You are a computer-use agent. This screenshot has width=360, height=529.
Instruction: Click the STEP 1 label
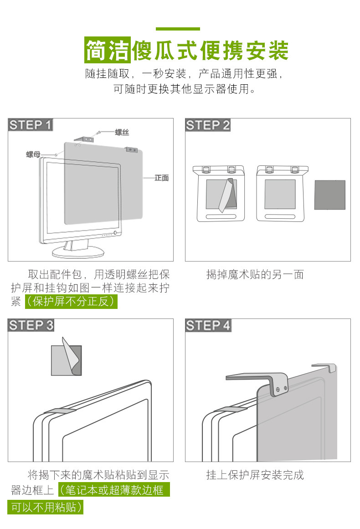[31, 125]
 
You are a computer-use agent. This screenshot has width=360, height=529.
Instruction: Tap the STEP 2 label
[208, 125]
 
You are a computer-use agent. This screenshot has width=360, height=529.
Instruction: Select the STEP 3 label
[31, 325]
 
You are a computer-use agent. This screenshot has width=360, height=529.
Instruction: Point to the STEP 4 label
[208, 325]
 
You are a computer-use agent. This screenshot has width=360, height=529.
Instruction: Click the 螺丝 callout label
[122, 133]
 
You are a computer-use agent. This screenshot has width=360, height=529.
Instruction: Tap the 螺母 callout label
[33, 154]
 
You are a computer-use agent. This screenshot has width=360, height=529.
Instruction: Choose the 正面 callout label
[161, 178]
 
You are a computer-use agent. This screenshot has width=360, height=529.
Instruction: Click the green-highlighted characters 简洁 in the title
[108, 50]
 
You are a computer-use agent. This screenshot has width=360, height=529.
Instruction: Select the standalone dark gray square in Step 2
[330, 195]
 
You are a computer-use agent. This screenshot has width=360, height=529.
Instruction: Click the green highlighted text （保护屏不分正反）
[71, 302]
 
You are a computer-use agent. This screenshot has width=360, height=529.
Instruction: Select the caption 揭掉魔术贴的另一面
[255, 274]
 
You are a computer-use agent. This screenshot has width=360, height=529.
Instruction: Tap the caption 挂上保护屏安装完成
[255, 475]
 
